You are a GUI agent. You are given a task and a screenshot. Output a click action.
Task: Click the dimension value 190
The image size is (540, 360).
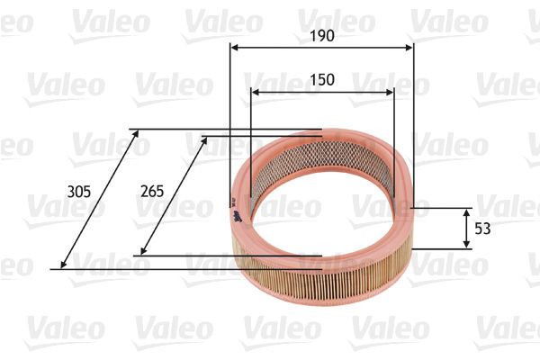pyautogui.click(x=321, y=36)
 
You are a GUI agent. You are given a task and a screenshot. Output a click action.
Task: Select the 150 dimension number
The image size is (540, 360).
pyautogui.click(x=321, y=79)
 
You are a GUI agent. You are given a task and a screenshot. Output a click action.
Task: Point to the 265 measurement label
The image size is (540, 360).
pyautogui.click(x=153, y=191)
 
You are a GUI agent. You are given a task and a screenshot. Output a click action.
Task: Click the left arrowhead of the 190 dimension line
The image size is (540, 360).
pyautogui.click(x=234, y=49)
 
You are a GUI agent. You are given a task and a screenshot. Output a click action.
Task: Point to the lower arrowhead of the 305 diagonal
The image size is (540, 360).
pyautogui.click(x=63, y=265)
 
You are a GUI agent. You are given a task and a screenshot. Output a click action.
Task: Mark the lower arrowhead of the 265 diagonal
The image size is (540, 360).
pyautogui.click(x=144, y=252)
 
